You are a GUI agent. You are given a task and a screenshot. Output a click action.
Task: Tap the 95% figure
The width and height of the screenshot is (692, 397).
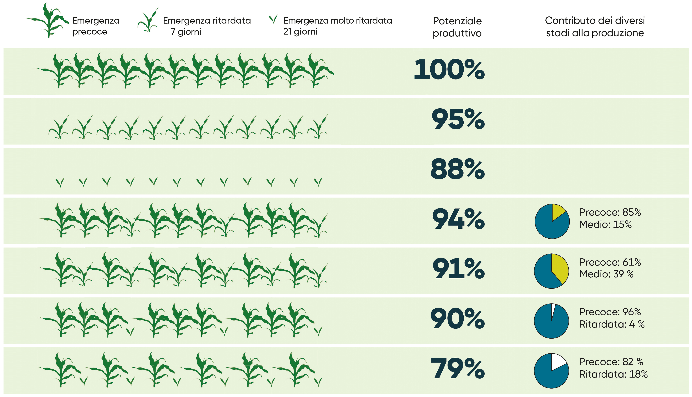(x=458, y=119)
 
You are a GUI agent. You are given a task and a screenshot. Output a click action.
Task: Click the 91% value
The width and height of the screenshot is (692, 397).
(x=459, y=269)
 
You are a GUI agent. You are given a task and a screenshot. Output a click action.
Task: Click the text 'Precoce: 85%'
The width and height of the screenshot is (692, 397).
(x=610, y=212)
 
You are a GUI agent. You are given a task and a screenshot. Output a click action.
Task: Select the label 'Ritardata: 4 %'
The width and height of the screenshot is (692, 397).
(x=612, y=324)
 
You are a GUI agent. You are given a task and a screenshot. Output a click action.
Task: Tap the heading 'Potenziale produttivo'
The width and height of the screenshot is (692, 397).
(x=457, y=27)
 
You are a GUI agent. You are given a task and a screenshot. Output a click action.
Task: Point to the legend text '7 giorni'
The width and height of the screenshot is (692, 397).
(x=186, y=32)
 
